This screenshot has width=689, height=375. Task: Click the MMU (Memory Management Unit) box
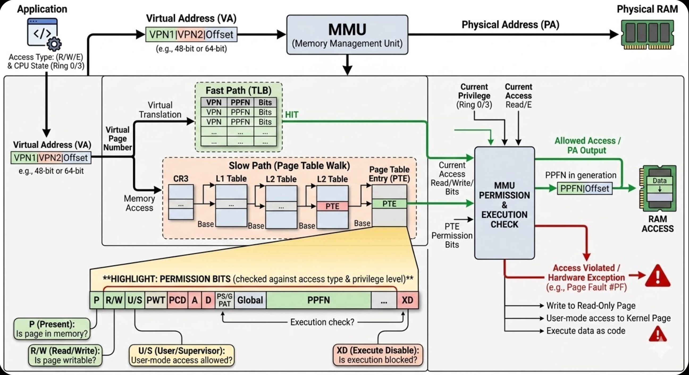tap(347, 35)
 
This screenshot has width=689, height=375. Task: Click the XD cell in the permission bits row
tap(407, 300)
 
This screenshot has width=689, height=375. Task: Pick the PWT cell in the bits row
tap(156, 300)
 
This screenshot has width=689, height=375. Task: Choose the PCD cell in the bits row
tap(178, 300)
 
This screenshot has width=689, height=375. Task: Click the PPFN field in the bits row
tap(318, 300)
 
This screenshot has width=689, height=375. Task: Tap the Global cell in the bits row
tap(250, 300)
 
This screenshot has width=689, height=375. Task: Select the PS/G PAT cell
tap(225, 300)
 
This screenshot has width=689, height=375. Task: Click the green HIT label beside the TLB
tap(292, 115)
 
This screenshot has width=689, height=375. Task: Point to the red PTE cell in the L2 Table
tap(333, 206)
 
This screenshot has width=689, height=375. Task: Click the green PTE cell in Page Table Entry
tap(389, 204)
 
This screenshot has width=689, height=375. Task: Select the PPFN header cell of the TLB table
tap(240, 102)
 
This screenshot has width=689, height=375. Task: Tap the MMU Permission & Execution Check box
tap(505, 203)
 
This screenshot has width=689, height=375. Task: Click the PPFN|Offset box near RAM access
tap(585, 189)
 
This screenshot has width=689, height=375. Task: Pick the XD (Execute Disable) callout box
tap(378, 355)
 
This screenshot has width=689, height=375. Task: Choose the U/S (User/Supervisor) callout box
tap(182, 355)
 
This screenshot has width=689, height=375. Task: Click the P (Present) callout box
tap(52, 329)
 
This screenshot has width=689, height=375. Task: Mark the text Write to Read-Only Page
tap(591, 305)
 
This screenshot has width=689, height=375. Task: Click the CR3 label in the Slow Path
tap(181, 178)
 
